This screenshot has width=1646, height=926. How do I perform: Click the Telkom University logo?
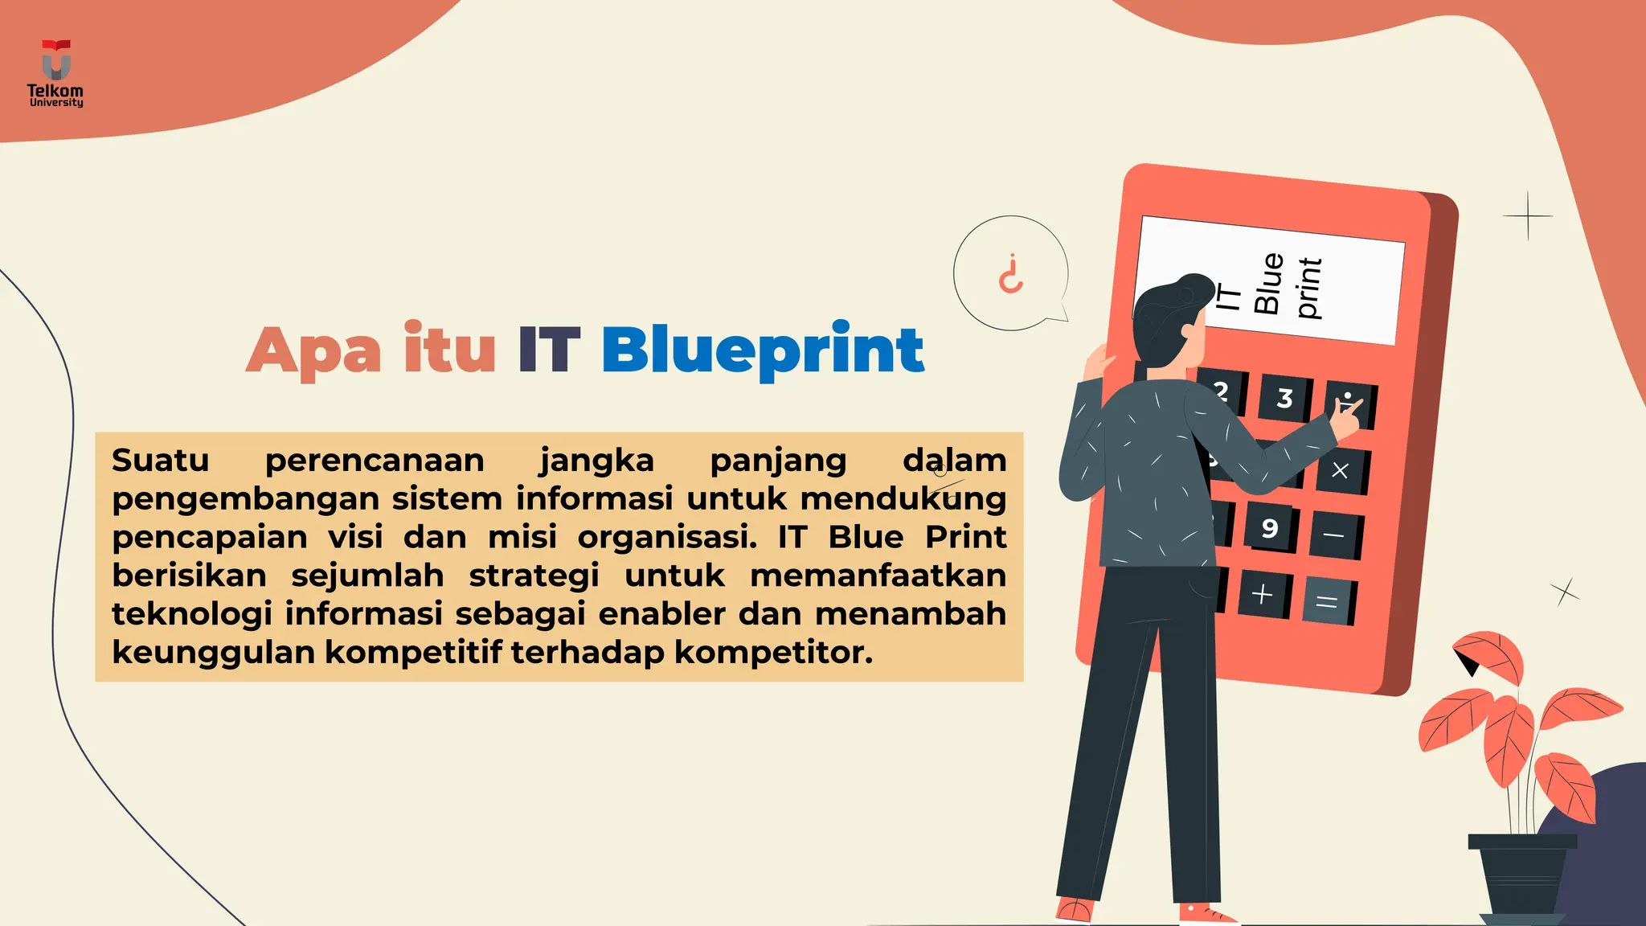tap(55, 74)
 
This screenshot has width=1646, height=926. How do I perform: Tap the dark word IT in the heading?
tap(549, 350)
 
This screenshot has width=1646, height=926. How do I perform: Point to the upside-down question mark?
tap(1010, 274)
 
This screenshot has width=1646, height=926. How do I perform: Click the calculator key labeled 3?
tap(1284, 398)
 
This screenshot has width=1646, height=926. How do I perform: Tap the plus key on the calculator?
tap(1262, 594)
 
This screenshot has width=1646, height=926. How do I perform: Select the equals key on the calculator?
tap(1327, 601)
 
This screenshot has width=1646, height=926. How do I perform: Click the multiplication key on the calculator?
tap(1340, 470)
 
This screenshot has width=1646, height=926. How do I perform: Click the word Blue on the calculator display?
tap(1268, 283)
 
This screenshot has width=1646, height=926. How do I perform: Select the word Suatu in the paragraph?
tap(161, 461)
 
